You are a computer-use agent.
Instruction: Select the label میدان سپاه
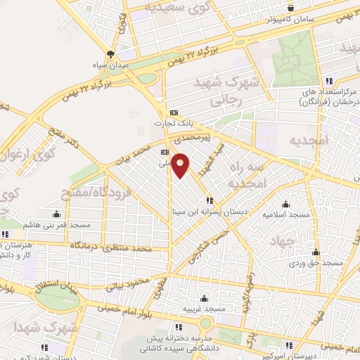pyautogui.click(x=110, y=65)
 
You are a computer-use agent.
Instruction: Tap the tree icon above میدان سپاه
pyautogui.click(x=110, y=53)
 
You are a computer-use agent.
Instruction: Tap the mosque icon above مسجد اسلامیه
pyautogui.click(x=286, y=200)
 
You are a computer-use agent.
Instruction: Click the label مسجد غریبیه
pyautogui.click(x=204, y=309)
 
